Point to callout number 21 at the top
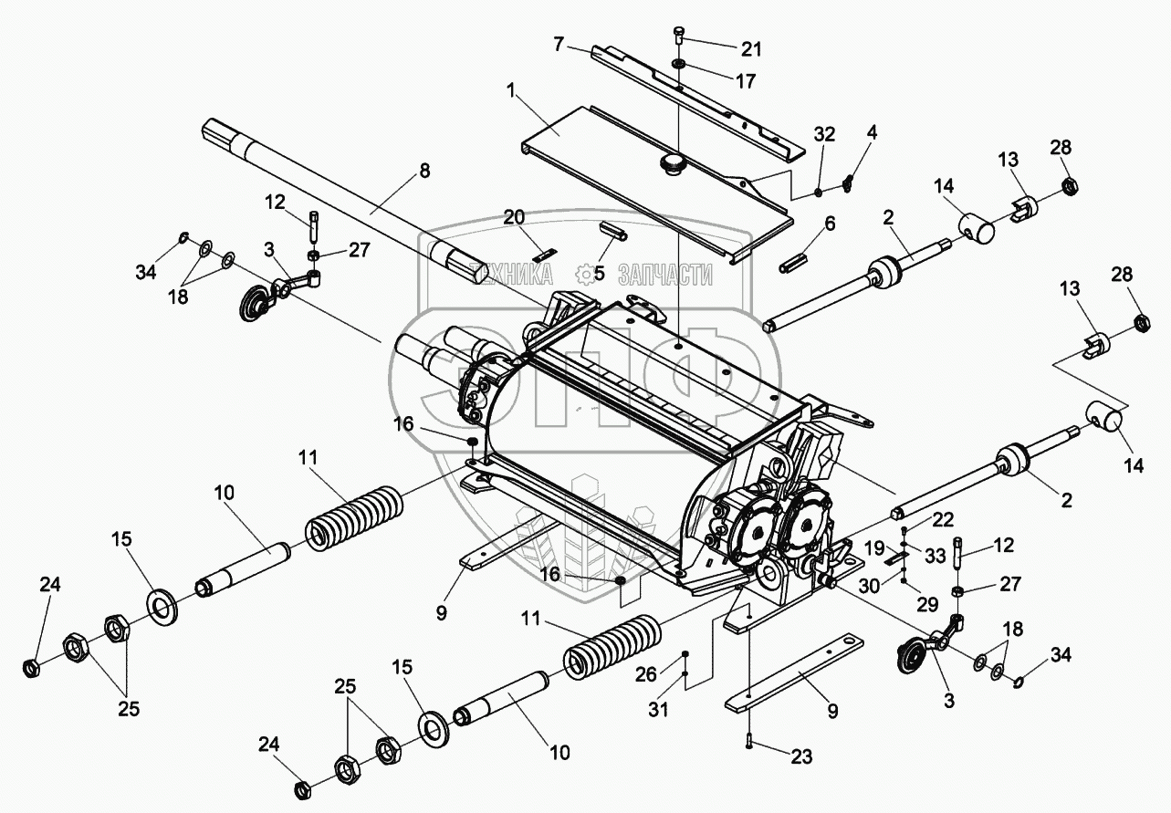tap(752, 48)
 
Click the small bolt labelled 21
tap(679, 36)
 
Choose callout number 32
tap(824, 133)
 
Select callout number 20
tap(515, 217)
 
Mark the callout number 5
tap(599, 272)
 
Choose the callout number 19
tap(874, 548)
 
